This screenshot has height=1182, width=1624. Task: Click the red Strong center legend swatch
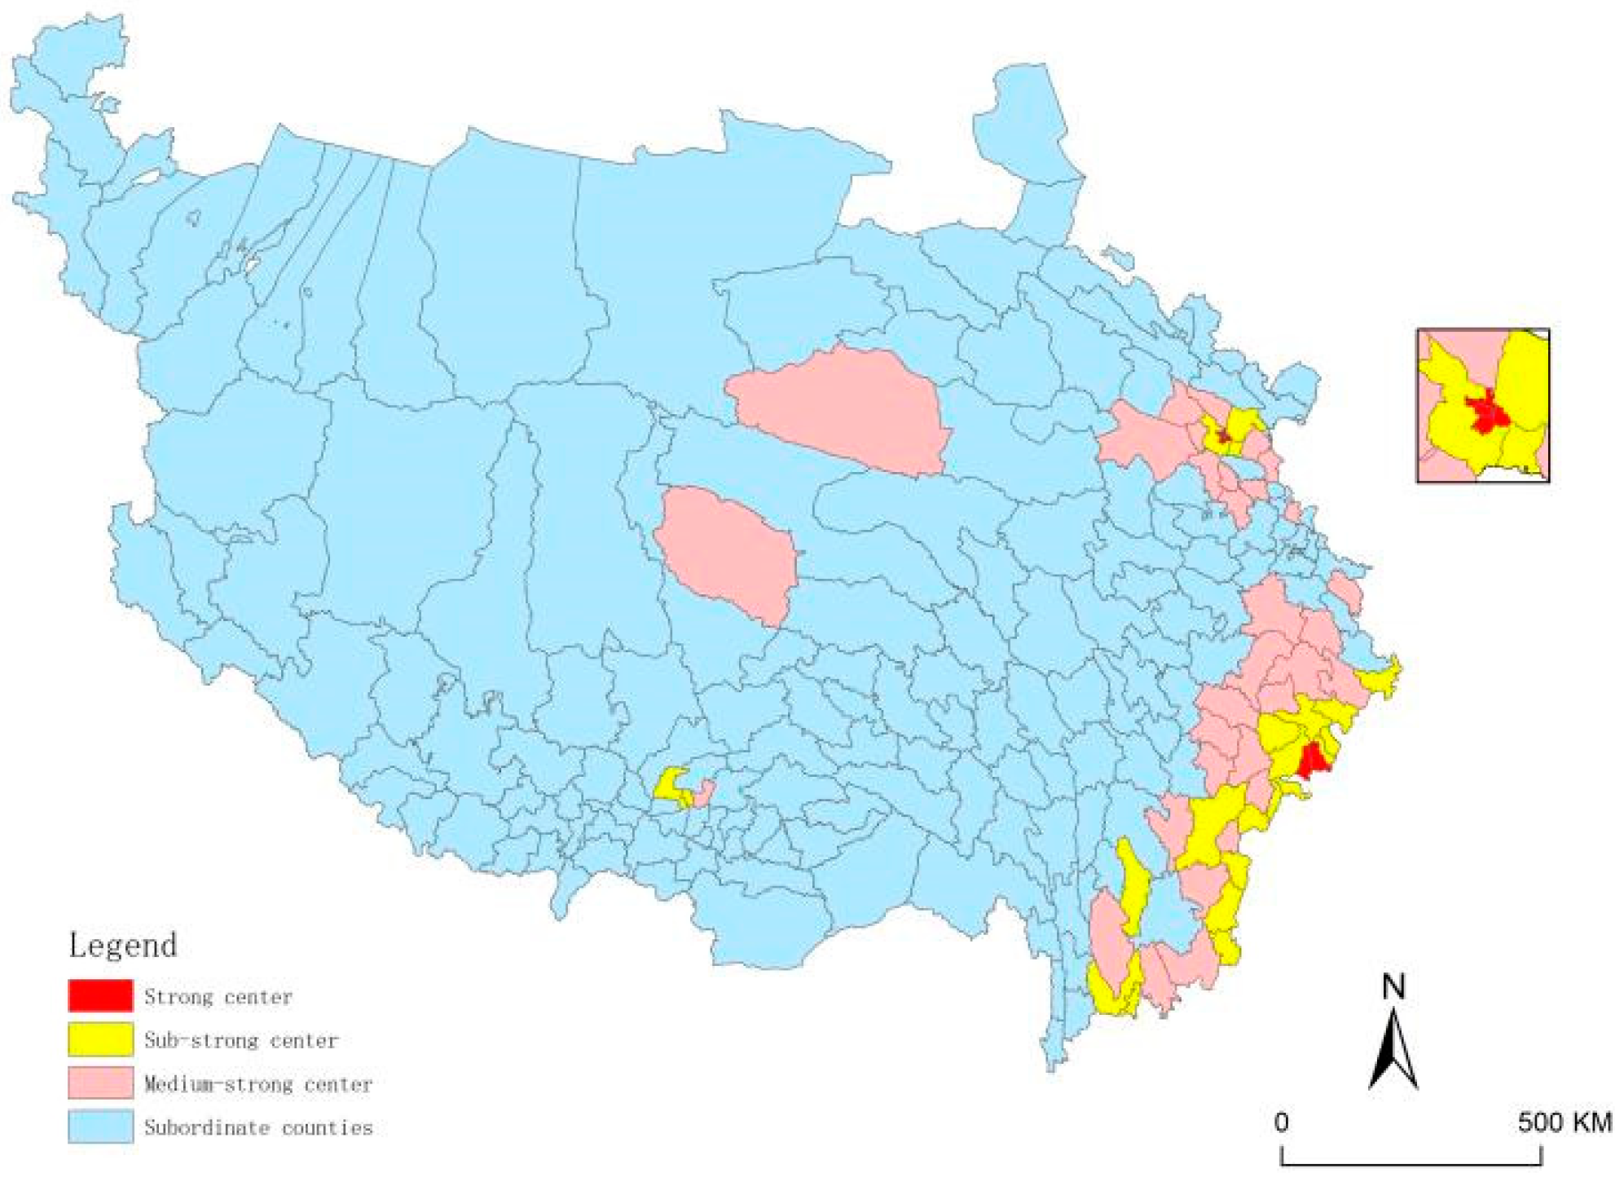tap(100, 995)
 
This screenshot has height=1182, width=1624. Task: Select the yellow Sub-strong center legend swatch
tap(100, 1039)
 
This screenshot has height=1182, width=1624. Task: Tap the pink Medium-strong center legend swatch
tap(100, 1083)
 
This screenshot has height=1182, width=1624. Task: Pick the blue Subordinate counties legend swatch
tap(100, 1127)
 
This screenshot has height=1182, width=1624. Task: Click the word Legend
tap(123, 946)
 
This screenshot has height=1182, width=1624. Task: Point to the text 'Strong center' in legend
tap(218, 996)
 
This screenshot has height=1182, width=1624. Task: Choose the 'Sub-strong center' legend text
tap(240, 1040)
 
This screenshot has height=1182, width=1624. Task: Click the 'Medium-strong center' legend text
tap(257, 1084)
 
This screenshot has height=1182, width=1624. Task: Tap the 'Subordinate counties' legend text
tap(257, 1127)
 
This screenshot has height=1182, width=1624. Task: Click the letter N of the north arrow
tap(1393, 987)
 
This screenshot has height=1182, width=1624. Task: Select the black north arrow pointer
tap(1393, 1052)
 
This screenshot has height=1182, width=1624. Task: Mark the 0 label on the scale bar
tap(1282, 1122)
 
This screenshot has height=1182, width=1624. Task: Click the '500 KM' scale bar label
tap(1564, 1122)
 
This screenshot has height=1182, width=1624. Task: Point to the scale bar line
tap(1411, 1162)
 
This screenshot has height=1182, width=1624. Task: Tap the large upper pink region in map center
tap(839, 412)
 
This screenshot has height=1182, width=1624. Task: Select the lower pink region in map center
tap(729, 554)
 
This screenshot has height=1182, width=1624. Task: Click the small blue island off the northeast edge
tap(1118, 257)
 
